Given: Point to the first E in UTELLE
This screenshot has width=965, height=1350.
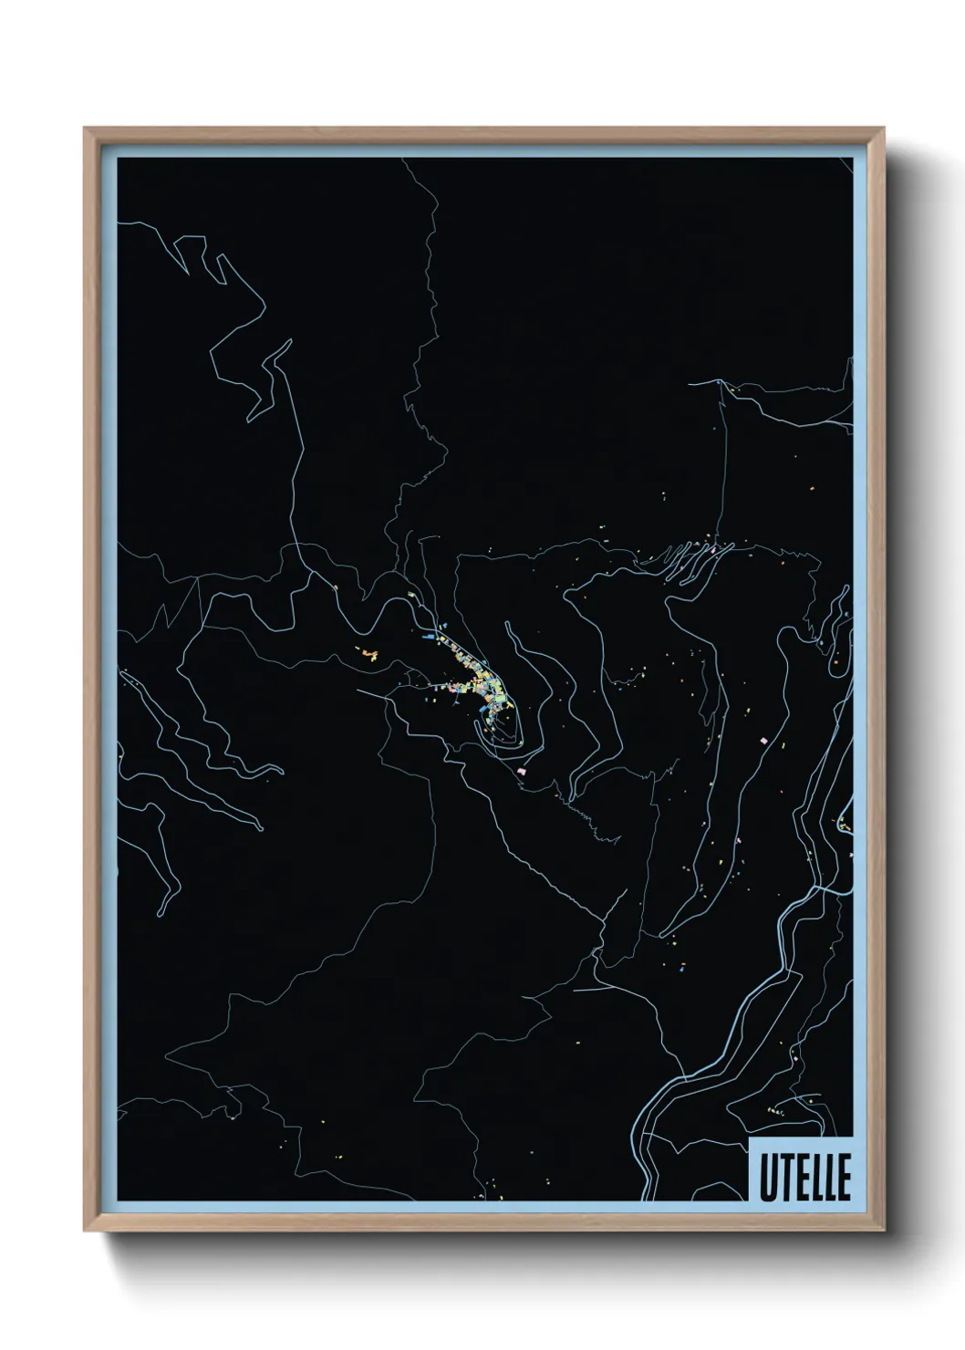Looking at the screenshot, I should point(800,1179).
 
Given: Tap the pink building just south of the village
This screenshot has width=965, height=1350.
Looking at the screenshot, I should point(522,771).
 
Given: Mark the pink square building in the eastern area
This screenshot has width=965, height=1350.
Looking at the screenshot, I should point(764,740).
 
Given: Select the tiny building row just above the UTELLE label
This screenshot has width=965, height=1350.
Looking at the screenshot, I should point(778,1111).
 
